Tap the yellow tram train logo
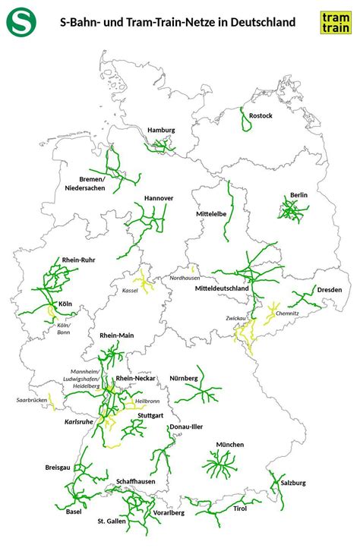(335, 22)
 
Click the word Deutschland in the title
(256, 23)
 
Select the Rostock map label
(261, 115)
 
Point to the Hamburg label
(161, 130)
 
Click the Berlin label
(298, 195)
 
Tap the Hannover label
(159, 198)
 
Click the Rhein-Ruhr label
(78, 260)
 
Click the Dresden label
(330, 290)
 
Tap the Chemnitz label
(288, 313)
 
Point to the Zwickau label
(234, 318)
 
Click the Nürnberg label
(183, 377)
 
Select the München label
(229, 444)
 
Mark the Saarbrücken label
(31, 399)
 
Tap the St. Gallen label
(111, 522)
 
